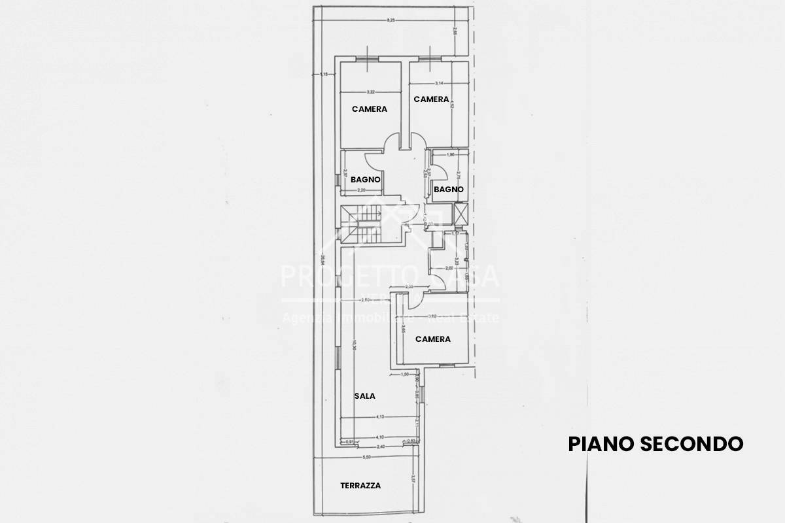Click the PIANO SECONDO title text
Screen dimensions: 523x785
coord(655,444)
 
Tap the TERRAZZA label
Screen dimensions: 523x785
coord(360,486)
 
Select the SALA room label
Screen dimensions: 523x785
coord(365,396)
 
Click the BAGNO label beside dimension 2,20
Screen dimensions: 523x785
coord(366,179)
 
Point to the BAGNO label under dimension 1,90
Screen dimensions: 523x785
coord(448,190)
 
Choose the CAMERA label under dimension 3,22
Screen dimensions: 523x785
coord(370,109)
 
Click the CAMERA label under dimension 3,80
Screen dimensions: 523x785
coord(433,339)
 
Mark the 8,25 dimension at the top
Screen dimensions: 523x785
coord(391,22)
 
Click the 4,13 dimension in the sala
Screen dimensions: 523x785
coord(379,416)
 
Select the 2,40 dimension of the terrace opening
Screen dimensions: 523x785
coord(379,447)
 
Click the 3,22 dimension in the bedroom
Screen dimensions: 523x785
coord(370,92)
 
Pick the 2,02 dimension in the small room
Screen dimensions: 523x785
coord(449,268)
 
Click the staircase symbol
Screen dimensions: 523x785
coord(362,224)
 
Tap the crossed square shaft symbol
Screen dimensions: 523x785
coord(461,213)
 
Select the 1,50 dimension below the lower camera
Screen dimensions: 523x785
coord(405,374)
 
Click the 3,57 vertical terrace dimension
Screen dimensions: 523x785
coord(412,479)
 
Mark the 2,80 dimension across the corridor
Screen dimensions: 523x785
coord(366,300)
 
